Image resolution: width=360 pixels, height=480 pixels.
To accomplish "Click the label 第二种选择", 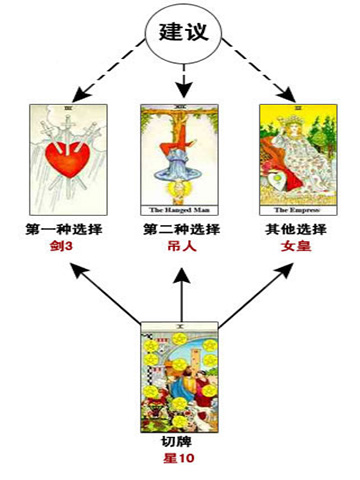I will pyautogui.click(x=181, y=231).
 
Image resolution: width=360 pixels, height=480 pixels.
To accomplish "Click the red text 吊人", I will pyautogui.click(x=181, y=249).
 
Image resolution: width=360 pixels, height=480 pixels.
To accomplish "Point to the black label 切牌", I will pyautogui.click(x=180, y=443).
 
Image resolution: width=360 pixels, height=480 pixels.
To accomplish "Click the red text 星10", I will pyautogui.click(x=180, y=460).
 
